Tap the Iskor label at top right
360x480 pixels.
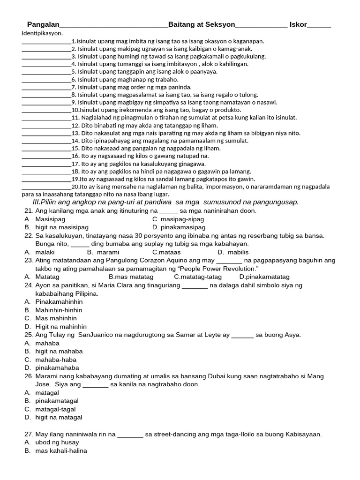pos(298,24)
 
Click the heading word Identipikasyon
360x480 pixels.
pos(42,33)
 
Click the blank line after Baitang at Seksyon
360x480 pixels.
pos(261,25)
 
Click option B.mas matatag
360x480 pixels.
pos(131,277)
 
